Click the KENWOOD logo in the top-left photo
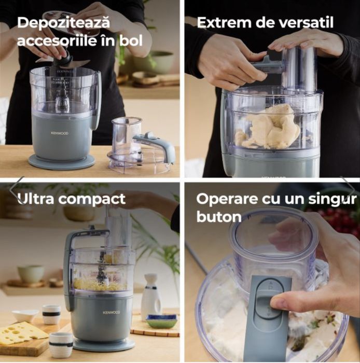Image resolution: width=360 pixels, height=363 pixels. (x=60, y=133)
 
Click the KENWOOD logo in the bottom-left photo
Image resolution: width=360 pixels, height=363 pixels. (x=110, y=313)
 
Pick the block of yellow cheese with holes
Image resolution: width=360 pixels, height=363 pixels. (x=23, y=332)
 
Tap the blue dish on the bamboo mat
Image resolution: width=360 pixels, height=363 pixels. (x=161, y=321)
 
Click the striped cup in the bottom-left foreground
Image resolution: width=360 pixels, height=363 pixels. (x=61, y=344)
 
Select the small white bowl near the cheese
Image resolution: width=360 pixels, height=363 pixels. (x=24, y=315)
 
